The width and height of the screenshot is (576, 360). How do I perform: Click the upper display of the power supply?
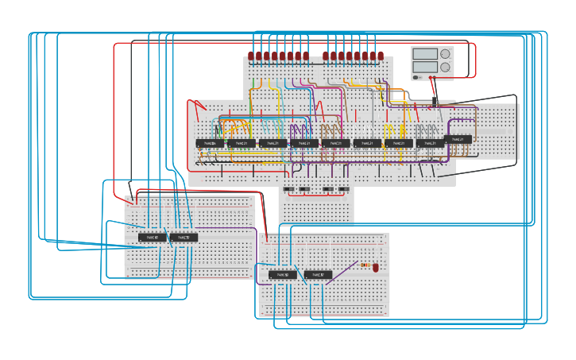425,54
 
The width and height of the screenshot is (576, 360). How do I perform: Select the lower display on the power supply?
425,68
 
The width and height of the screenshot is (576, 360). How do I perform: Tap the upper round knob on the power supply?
445,54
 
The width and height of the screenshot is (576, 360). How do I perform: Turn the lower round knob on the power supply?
445,68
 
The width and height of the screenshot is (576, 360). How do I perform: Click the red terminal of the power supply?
431,77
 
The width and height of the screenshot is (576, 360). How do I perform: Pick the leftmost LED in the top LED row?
251,56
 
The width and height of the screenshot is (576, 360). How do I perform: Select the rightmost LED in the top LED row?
381,56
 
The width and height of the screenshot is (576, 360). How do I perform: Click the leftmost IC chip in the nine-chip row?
210,144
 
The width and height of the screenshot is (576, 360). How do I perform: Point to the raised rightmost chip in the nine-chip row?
458,139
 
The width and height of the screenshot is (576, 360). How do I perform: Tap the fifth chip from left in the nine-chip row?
335,144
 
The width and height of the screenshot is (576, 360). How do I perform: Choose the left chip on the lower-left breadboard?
153,238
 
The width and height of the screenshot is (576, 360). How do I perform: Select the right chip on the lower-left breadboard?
184,238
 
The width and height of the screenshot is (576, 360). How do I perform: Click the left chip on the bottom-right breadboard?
282,275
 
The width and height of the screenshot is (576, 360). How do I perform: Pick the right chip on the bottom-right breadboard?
318,275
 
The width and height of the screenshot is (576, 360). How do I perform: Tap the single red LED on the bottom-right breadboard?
376,268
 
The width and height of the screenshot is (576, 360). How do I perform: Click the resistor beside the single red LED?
365,265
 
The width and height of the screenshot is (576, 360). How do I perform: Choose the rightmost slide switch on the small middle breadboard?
344,189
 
